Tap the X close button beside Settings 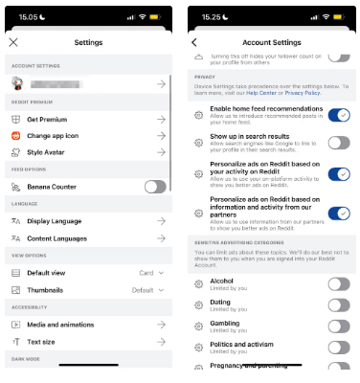(12, 42)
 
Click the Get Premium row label (47, 120)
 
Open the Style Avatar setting (49, 152)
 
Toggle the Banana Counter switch (154, 187)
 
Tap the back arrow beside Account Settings (194, 42)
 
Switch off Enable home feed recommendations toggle (338, 115)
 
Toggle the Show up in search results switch (338, 143)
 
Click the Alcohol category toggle (338, 283)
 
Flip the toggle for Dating (338, 304)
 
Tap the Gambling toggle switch (338, 326)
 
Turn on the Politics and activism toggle (338, 347)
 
